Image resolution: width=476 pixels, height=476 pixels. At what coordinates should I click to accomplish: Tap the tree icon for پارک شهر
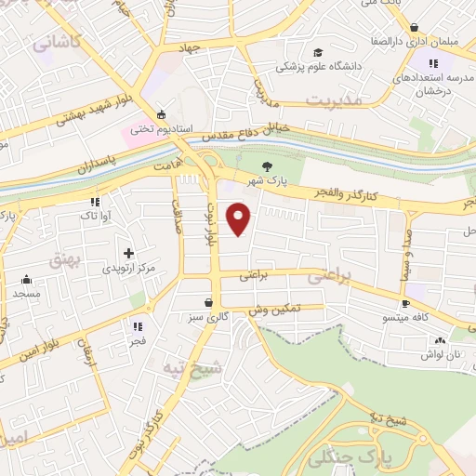[x=268, y=166]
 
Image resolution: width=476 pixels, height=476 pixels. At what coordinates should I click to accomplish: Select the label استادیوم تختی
[x=153, y=128]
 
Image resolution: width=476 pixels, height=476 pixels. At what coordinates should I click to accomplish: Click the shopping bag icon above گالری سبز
[x=210, y=302]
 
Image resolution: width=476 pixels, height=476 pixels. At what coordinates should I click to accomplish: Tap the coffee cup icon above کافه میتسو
[x=405, y=304]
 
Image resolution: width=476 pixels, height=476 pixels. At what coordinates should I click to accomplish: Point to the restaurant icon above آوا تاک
[x=95, y=201]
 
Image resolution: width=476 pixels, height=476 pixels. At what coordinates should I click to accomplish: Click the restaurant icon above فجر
[x=138, y=326]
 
